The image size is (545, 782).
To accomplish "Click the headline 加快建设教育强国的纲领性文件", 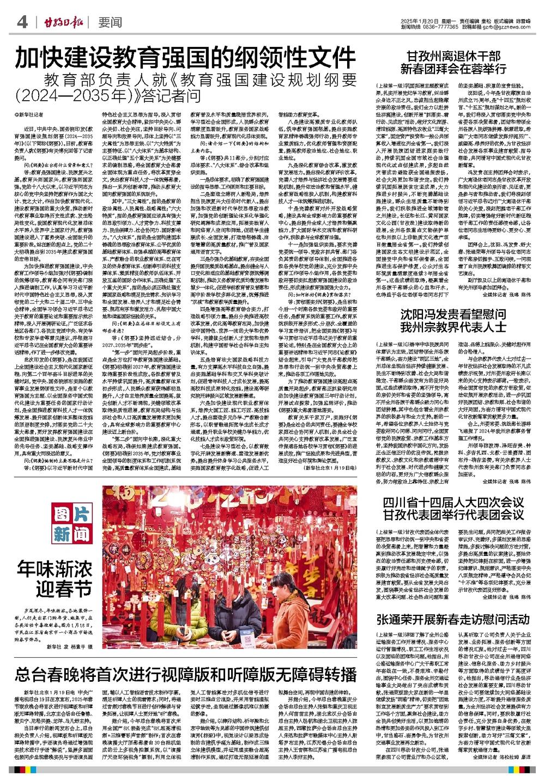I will coord(185,57).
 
